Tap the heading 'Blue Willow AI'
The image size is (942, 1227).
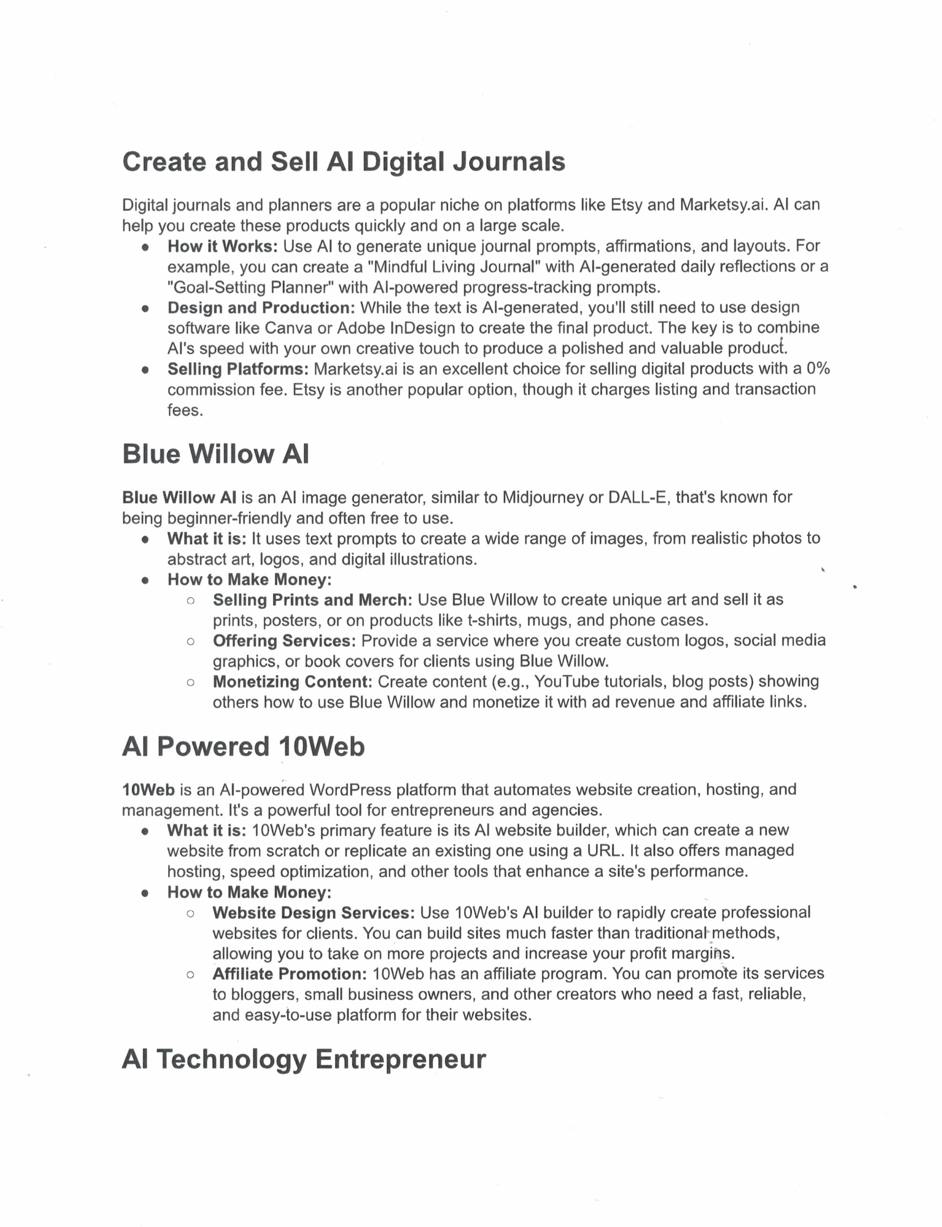(x=215, y=454)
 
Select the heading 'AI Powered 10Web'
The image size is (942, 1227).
(x=243, y=746)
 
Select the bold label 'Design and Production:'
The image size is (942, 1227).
(x=261, y=308)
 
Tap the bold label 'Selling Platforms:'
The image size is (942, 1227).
(x=238, y=369)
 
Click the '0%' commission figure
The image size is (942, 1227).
(x=818, y=369)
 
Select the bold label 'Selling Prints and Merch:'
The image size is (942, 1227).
(x=312, y=600)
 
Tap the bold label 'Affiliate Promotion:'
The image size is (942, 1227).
(x=289, y=974)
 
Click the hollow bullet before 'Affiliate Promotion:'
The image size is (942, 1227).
(x=191, y=975)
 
